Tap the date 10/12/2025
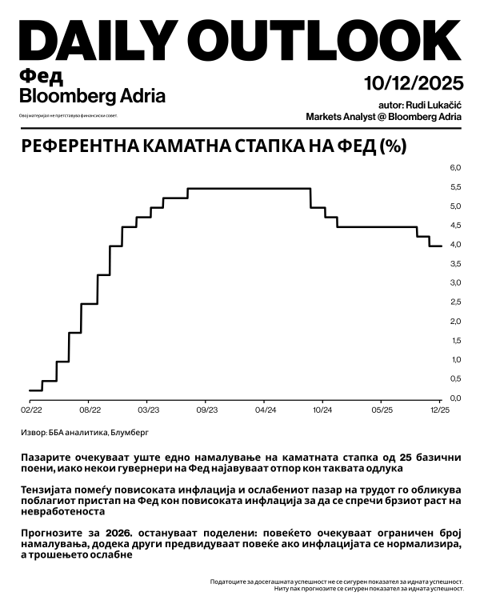point(413,82)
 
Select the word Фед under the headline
point(40,77)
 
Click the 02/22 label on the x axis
point(30,410)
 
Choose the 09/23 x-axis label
point(206,410)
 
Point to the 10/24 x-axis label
point(322,410)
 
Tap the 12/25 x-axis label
point(440,410)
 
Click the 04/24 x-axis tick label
point(265,410)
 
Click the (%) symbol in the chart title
point(394,146)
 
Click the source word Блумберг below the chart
point(128,432)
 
